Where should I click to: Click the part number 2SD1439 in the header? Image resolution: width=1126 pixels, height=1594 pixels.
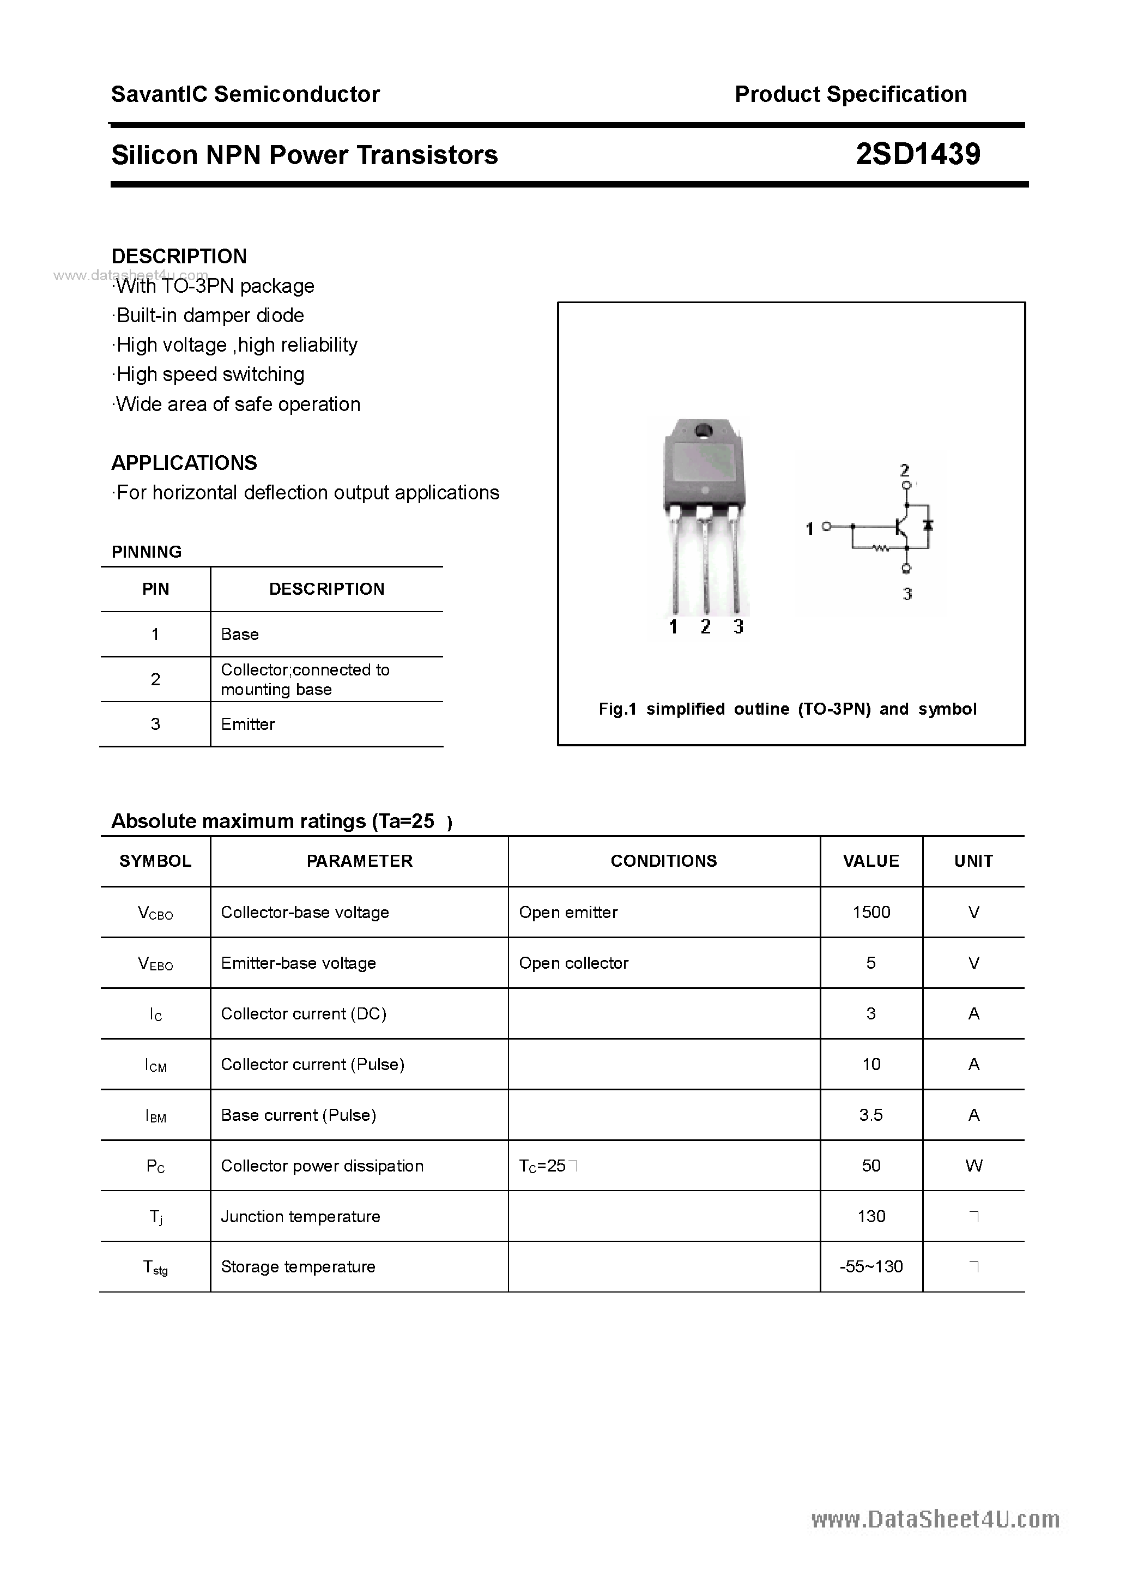[917, 154]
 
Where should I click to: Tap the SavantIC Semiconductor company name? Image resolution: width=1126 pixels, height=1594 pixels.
[245, 94]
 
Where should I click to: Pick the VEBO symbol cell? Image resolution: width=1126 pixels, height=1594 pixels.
[155, 964]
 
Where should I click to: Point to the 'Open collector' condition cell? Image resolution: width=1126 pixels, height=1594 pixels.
[573, 963]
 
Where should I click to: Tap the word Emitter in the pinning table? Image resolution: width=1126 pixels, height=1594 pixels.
[248, 724]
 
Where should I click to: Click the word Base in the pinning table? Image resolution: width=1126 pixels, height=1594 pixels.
[239, 634]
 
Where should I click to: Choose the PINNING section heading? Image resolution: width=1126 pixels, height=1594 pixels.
[147, 552]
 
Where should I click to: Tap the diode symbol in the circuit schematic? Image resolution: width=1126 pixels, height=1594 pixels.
[928, 525]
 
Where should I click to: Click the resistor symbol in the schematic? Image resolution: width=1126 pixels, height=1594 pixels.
[881, 549]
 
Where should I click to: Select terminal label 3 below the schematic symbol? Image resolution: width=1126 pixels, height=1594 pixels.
[906, 594]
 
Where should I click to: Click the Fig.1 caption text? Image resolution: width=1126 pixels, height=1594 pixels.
[787, 709]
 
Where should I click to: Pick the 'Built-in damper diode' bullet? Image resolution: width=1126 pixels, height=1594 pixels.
[209, 315]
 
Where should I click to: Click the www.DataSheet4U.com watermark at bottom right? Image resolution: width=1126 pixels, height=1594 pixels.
[935, 1520]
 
